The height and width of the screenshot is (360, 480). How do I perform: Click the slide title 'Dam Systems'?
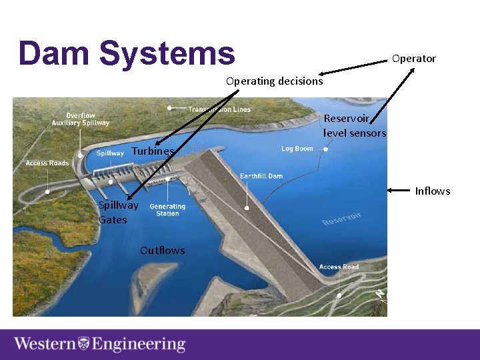[127, 53]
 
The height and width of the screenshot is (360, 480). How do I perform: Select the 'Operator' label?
[413, 59]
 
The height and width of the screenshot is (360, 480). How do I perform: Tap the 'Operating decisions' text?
[274, 81]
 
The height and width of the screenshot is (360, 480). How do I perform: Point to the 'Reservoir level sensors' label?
[355, 126]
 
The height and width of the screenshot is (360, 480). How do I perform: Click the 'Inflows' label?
[433, 191]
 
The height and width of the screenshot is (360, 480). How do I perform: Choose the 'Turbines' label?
[153, 151]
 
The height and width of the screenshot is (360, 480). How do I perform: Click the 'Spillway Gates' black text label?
[118, 213]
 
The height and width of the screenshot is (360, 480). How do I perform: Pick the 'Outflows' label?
[163, 251]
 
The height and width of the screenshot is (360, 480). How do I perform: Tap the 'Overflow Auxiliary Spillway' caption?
[81, 119]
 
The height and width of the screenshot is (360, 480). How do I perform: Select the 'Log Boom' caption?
[297, 149]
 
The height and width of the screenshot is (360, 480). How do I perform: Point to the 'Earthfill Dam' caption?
[261, 176]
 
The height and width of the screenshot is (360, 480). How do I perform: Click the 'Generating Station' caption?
[167, 210]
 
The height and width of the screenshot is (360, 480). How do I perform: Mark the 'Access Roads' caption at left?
[47, 163]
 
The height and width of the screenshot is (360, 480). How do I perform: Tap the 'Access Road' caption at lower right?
[339, 267]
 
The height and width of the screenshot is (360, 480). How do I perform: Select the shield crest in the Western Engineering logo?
[84, 344]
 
